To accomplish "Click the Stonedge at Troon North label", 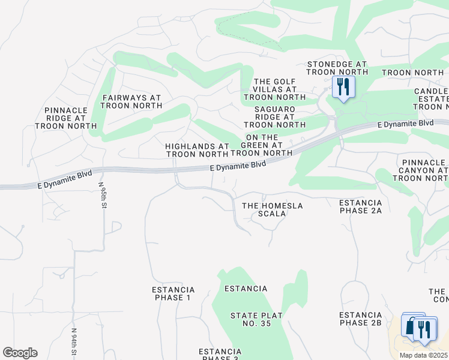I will point(337,68).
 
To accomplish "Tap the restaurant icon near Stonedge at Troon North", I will point(343,88).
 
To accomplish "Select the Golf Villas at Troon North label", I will point(275,89).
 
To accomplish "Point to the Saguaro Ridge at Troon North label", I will point(275,117).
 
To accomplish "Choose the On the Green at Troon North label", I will point(261,145).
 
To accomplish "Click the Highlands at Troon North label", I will point(197,150).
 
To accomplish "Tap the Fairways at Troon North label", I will point(131,101).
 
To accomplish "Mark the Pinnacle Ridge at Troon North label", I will point(70,118).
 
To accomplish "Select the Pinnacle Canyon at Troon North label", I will point(424,170).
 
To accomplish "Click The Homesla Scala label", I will point(273,209).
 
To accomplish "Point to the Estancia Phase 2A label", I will point(361,206).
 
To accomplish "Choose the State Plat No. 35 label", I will point(251,320).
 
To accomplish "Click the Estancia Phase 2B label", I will point(361,319).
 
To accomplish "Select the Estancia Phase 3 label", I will point(220,354).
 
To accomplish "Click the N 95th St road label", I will point(103,196).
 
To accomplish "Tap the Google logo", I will point(20,353).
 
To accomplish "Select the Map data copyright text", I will point(423,355).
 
